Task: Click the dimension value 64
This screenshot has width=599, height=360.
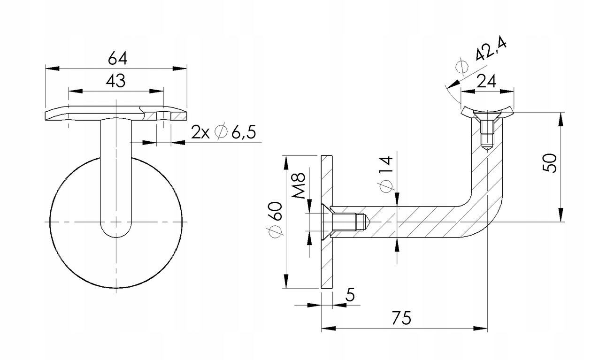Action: (x=117, y=58)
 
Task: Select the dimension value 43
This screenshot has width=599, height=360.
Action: (x=115, y=81)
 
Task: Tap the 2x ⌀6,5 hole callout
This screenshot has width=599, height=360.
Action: (x=223, y=132)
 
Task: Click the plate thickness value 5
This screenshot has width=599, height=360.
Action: (x=349, y=295)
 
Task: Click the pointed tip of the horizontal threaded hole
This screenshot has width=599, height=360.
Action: (x=370, y=222)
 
